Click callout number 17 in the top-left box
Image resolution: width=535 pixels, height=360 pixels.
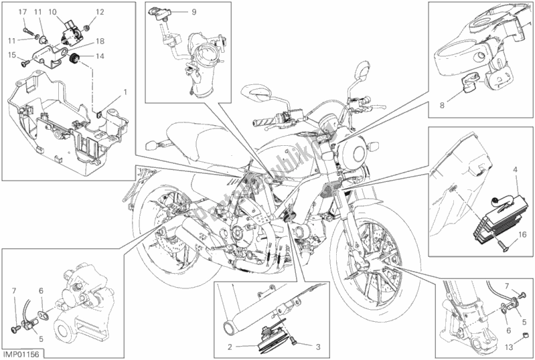pyautogui.click(x=22, y=13)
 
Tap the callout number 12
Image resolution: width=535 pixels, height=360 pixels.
pyautogui.click(x=100, y=13)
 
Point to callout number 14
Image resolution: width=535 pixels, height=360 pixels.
pyautogui.click(x=100, y=57)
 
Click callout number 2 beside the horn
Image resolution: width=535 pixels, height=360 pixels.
pyautogui.click(x=230, y=347)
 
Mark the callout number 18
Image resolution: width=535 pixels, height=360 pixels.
pyautogui.click(x=100, y=41)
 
